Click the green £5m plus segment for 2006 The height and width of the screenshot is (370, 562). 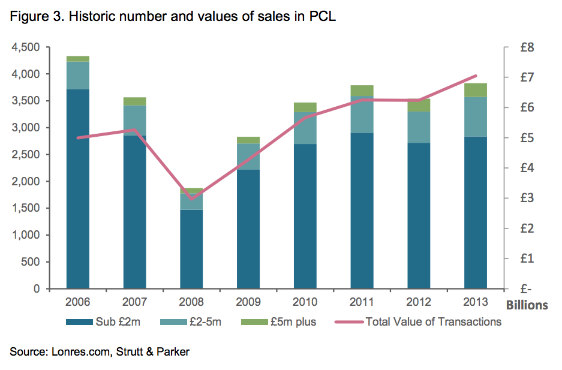click(x=78, y=59)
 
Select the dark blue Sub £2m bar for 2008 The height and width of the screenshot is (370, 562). click(x=192, y=249)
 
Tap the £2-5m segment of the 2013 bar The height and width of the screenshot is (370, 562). click(x=476, y=116)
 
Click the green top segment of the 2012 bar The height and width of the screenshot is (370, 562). click(x=419, y=105)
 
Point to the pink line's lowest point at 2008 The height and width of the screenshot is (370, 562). click(x=192, y=198)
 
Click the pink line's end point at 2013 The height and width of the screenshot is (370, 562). click(x=476, y=76)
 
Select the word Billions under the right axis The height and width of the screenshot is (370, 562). click(x=527, y=305)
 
